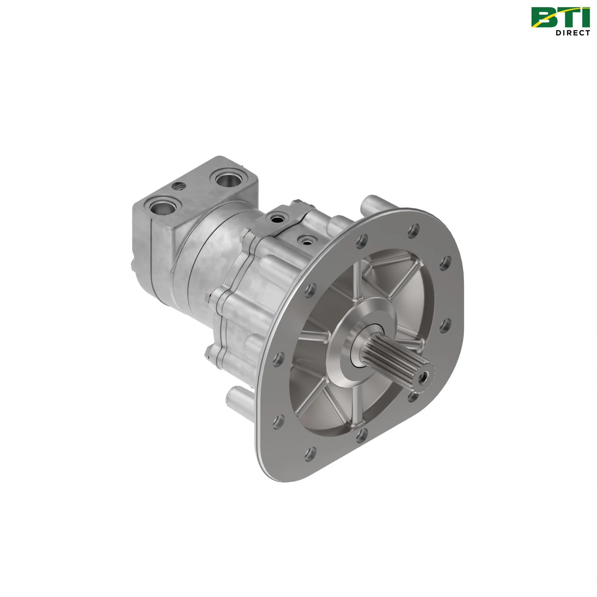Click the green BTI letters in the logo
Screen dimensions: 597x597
(559, 18)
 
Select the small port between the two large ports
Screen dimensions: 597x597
(179, 186)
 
